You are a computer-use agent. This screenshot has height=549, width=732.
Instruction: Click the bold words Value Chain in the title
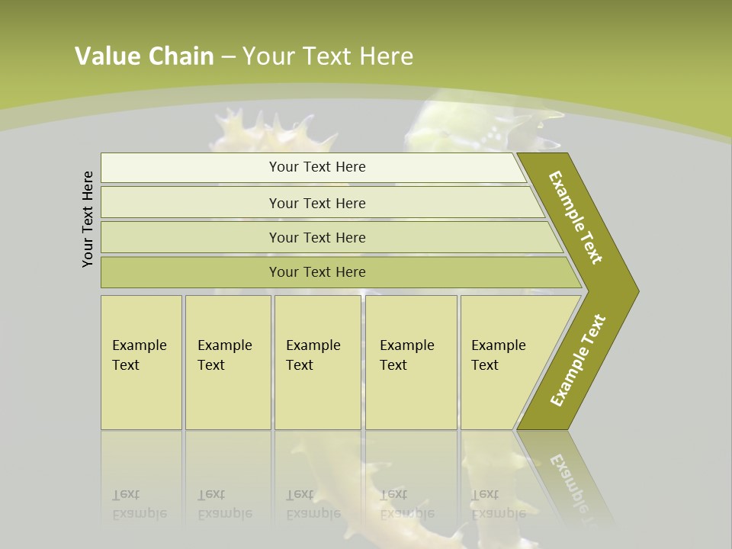(x=144, y=56)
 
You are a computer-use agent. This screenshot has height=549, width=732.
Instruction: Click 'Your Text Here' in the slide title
(x=328, y=56)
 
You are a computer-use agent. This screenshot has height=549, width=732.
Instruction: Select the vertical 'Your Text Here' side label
(x=88, y=219)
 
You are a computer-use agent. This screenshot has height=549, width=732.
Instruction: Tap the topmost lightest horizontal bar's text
(x=317, y=167)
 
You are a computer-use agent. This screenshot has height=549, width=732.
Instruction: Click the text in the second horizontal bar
(x=317, y=204)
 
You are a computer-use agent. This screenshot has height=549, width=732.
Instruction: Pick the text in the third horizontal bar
(x=317, y=238)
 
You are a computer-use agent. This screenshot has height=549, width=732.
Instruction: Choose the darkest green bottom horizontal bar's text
(x=317, y=272)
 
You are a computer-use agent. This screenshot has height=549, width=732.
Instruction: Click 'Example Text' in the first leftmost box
(x=139, y=355)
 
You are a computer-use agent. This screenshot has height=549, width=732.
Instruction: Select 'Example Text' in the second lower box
(x=224, y=355)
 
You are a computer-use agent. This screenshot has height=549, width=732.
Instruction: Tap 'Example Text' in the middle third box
(x=313, y=355)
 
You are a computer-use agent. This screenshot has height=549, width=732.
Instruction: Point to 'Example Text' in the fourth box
(x=406, y=355)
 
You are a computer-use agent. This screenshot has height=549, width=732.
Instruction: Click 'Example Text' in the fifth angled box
(x=498, y=355)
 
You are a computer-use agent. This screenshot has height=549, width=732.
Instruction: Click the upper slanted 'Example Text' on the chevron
(x=576, y=217)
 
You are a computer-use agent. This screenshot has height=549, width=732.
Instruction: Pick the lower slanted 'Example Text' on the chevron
(x=578, y=361)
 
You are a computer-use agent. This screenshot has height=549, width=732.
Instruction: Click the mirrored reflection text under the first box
(x=139, y=504)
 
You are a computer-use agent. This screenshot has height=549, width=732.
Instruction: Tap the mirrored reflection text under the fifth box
(x=498, y=504)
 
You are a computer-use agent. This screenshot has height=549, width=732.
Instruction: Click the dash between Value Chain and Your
(x=228, y=56)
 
